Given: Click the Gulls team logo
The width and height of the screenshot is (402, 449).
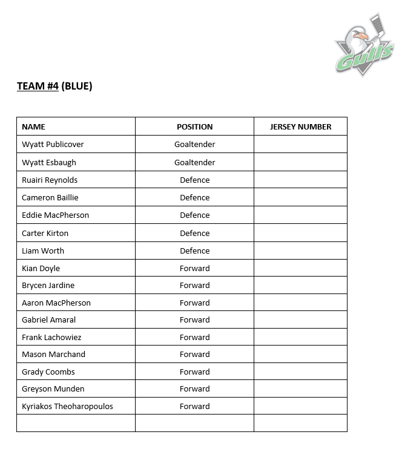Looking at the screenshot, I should coord(364,46).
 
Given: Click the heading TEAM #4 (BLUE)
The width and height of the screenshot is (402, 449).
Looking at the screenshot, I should coord(54,86).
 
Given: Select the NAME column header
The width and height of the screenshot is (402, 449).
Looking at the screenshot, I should coord(33,126).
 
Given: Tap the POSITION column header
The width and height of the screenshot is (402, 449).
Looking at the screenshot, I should coord(194,126).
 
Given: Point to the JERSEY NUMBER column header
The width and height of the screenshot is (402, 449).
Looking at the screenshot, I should coord(300,126).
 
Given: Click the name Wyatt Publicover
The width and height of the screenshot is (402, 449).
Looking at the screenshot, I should coord(53,144).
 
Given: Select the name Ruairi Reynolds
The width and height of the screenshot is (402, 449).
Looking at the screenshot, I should coord(50,180).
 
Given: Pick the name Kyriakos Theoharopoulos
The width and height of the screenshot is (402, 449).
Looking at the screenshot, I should coord(67,406).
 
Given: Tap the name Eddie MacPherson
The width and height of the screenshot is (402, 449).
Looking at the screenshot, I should coord(55,215).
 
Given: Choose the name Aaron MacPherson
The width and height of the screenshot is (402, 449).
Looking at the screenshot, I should coord(56,303).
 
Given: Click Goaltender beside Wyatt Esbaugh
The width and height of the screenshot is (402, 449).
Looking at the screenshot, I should coord(194,162).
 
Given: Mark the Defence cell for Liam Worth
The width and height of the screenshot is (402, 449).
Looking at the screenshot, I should coord(194,251).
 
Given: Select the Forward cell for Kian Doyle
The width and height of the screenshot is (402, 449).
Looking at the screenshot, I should coord(194,268).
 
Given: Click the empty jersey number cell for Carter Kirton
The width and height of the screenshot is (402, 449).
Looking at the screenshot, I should coord(300,233).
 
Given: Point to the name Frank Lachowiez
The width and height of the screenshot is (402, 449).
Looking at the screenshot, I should coord(51,337).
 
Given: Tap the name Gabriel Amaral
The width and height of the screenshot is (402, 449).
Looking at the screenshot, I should coord(48,320).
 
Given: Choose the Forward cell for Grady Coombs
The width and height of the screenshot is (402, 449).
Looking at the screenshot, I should coord(194,372).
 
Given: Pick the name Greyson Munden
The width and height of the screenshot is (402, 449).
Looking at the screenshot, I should coord(53,388).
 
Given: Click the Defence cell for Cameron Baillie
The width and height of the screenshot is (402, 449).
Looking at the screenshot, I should coord(194,197).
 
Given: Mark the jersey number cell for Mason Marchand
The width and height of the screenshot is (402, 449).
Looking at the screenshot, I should coord(300,354).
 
